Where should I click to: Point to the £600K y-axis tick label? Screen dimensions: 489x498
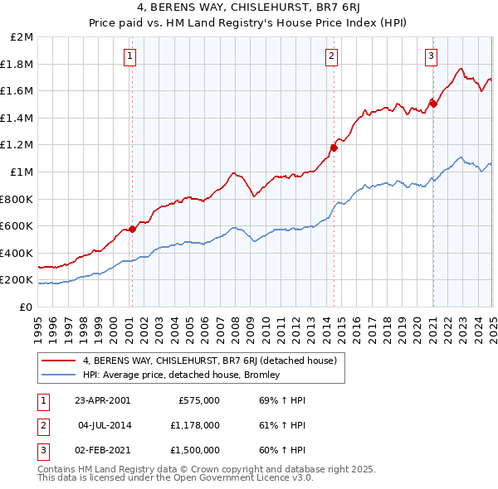[x=17, y=225]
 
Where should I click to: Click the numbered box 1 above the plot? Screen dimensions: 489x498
[x=131, y=56]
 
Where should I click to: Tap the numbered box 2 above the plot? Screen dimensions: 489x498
[x=331, y=56]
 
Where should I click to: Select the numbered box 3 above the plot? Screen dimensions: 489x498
[x=432, y=56]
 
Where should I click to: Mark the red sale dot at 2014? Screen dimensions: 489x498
[x=334, y=148]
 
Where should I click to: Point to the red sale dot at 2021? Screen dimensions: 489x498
[x=433, y=104]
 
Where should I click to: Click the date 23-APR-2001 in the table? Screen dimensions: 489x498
[x=102, y=400]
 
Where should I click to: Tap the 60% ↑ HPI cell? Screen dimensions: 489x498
[x=282, y=450]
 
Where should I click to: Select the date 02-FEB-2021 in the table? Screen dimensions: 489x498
[x=102, y=450]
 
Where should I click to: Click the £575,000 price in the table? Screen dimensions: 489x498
[x=199, y=400]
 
